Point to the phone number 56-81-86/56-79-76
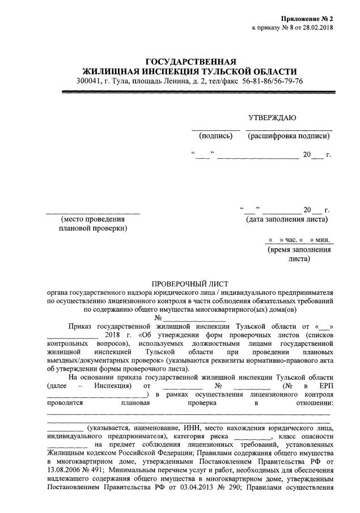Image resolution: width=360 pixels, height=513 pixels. click(x=273, y=81)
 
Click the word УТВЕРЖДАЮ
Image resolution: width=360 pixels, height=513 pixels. click(x=272, y=118)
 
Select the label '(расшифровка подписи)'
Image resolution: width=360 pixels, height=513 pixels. click(x=288, y=136)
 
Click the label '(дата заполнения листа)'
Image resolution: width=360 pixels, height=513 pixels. click(x=286, y=219)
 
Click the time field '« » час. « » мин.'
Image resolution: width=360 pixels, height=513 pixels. click(x=298, y=240)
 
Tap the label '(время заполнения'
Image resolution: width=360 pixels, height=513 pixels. click(x=299, y=250)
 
